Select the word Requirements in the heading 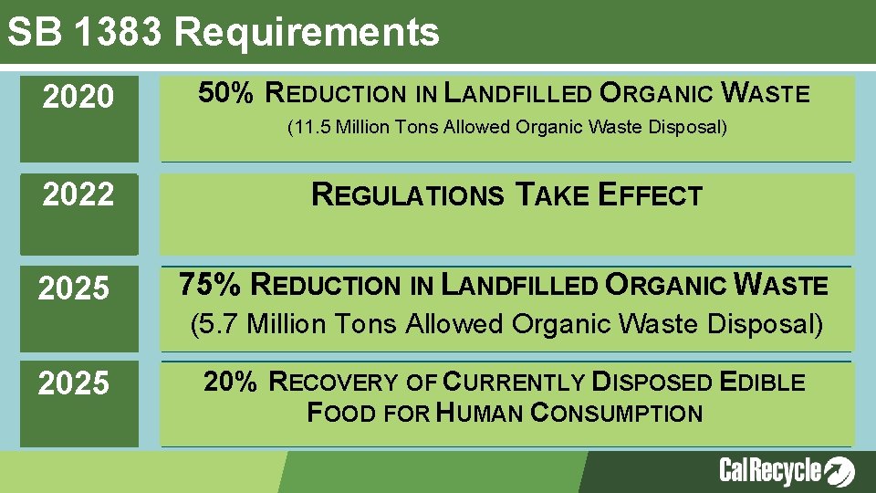point(307,33)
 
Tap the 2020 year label point(78,96)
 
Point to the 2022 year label point(78,194)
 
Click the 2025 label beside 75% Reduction point(73,288)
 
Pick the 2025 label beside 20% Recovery point(73,383)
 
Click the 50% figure point(225,92)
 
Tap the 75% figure point(210,284)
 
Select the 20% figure point(230,382)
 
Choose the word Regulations point(407,194)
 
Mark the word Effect point(650,194)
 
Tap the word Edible point(762,383)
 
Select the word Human point(480,413)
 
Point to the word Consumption point(617,413)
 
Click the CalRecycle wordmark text point(770,470)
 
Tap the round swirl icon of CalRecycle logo point(839,471)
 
